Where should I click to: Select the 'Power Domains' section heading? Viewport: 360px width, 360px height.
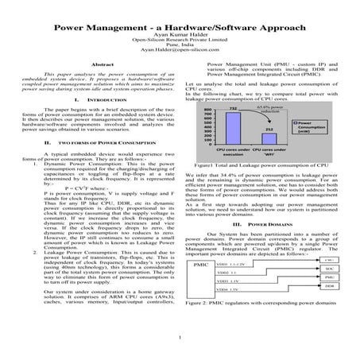click(x=270, y=225)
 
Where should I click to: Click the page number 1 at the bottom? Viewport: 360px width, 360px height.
click(x=181, y=343)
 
